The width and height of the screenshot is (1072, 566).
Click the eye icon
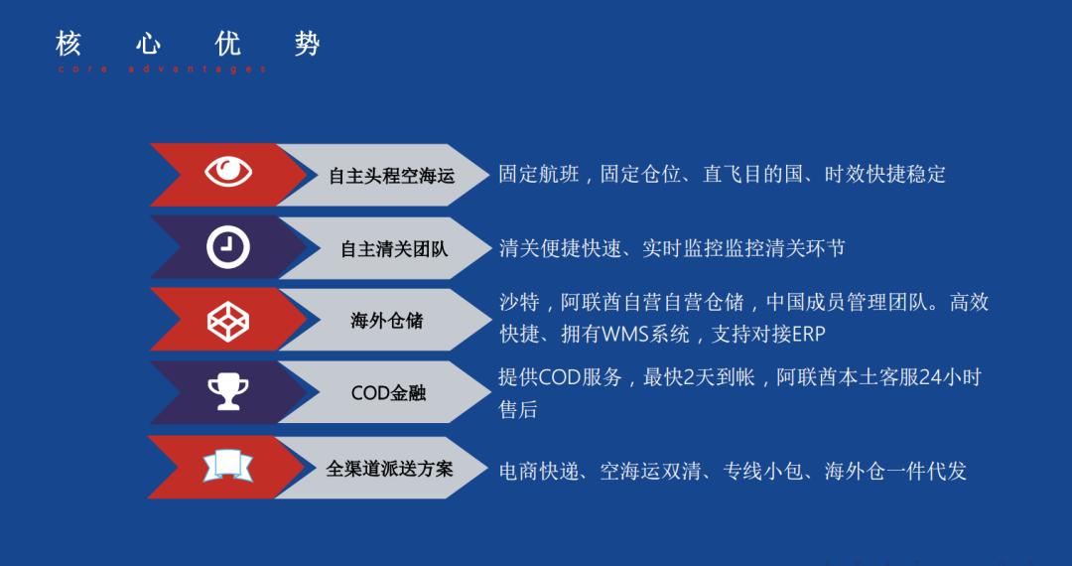tap(228, 173)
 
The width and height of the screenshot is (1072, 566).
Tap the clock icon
tap(228, 247)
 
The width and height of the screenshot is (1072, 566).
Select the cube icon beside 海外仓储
tap(228, 320)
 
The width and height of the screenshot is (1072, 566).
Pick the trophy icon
tap(228, 392)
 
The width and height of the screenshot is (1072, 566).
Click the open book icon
tap(228, 466)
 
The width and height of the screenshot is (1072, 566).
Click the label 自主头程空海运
tap(391, 176)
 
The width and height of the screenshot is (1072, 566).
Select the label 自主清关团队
tap(394, 249)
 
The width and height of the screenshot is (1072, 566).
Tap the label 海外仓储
tap(386, 321)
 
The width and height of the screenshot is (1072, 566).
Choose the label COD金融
tap(388, 392)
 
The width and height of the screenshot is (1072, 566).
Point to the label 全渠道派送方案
tap(389, 468)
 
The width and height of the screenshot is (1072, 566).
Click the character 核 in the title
tap(67, 44)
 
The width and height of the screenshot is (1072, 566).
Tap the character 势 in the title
tap(307, 44)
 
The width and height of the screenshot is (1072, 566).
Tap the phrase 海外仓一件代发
tap(895, 471)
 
